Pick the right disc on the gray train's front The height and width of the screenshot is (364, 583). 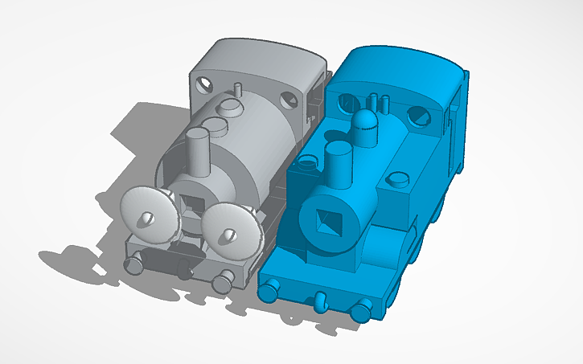point(232,227)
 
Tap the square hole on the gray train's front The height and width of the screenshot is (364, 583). point(193,211)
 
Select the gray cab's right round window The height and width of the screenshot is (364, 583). point(287,100)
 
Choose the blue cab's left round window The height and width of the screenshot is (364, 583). point(347,102)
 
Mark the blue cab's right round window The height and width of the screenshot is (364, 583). point(418,117)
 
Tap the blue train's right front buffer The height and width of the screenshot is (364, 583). point(363,307)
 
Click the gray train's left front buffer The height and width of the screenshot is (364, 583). point(133,264)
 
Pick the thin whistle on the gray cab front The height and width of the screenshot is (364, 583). point(238,86)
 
